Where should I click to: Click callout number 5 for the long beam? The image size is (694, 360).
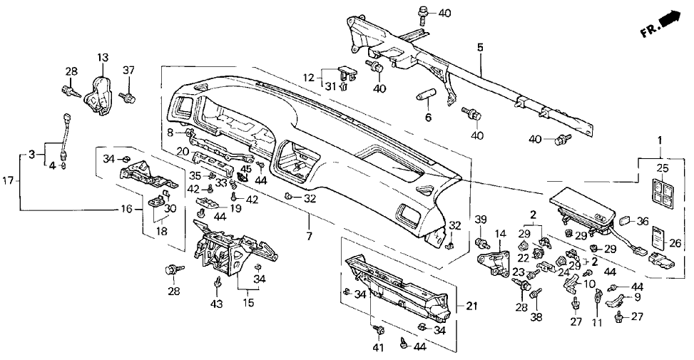tap(480, 48)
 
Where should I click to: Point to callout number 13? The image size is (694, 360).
tap(103, 58)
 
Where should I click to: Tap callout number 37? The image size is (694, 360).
tap(128, 70)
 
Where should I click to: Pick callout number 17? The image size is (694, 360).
tap(6, 181)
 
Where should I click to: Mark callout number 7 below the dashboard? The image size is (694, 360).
tap(309, 235)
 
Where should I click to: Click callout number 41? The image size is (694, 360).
tap(377, 348)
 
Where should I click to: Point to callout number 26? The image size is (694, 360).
tap(675, 243)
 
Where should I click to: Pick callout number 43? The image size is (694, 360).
tap(216, 304)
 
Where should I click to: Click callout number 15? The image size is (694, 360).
tap(248, 304)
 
